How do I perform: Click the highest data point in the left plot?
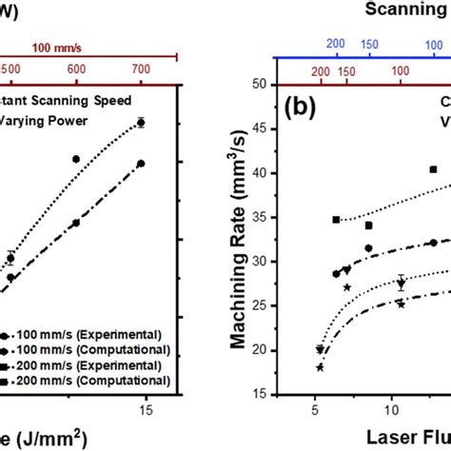pyautogui.click(x=141, y=122)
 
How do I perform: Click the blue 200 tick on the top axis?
pyautogui.click(x=334, y=44)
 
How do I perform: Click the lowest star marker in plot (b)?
pyautogui.click(x=320, y=367)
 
